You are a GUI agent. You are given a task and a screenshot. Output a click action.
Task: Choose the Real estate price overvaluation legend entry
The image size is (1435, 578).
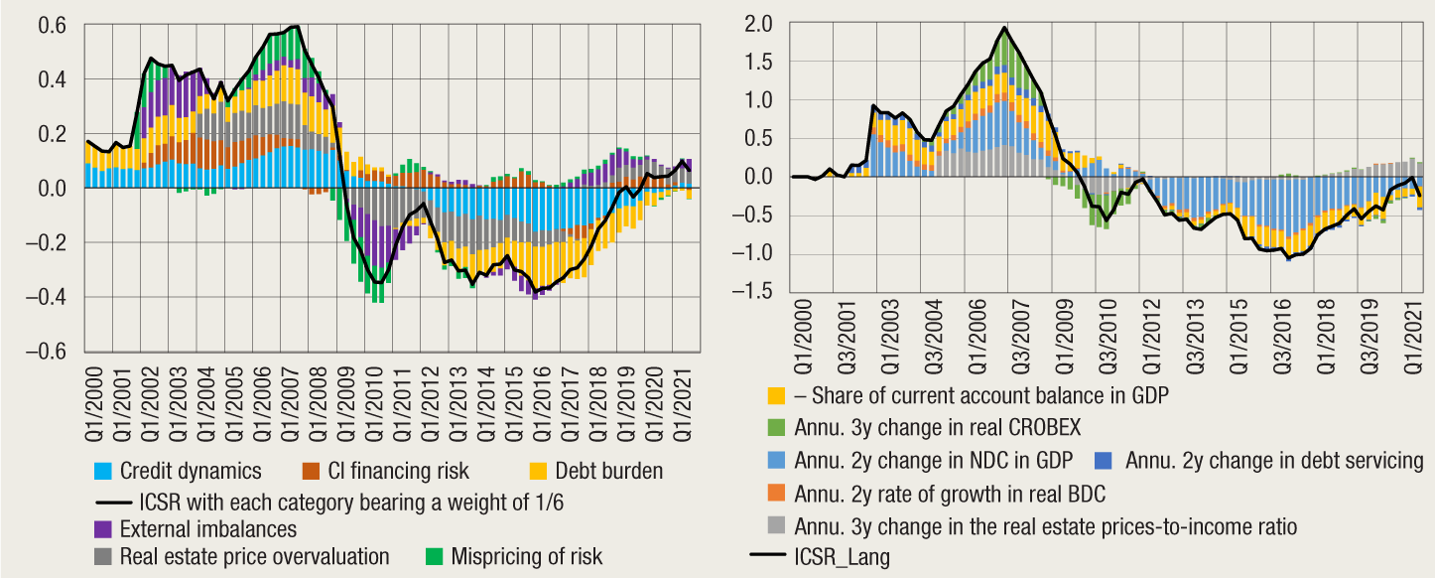pyautogui.click(x=254, y=556)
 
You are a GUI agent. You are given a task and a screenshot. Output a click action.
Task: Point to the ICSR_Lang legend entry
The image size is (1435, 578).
pyautogui.click(x=842, y=557)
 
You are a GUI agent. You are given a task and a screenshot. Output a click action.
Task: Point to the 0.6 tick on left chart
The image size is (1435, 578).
pyautogui.click(x=54, y=26)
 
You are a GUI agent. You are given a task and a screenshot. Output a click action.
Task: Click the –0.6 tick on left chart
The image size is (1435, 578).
pyautogui.click(x=47, y=352)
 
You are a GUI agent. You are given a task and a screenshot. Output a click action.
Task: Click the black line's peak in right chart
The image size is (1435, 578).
pyautogui.click(x=1004, y=28)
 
